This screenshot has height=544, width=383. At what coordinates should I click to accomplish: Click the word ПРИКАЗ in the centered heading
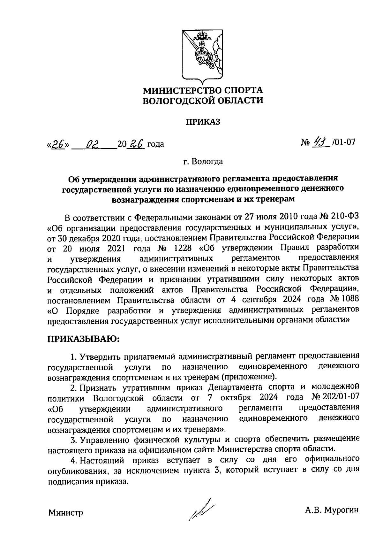point(203,122)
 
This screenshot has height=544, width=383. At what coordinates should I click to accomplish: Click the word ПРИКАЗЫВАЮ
point(83,338)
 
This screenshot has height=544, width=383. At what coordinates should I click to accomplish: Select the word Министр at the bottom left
point(66,513)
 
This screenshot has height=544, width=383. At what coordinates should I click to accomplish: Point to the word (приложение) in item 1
point(251,376)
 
